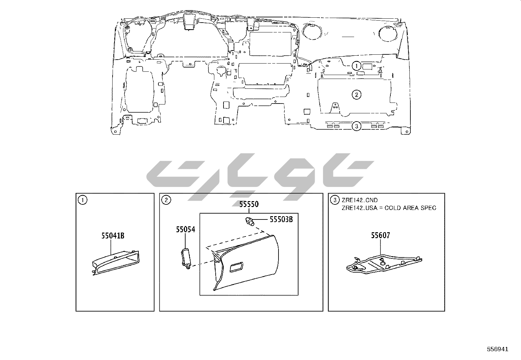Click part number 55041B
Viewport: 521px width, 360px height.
113,236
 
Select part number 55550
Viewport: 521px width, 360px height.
249,204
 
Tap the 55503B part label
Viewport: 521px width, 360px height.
281,219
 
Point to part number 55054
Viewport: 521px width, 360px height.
185,229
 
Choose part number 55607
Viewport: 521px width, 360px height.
380,236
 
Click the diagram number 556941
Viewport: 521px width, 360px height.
498,349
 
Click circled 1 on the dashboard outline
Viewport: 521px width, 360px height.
356,66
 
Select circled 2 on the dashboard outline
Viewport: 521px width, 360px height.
356,95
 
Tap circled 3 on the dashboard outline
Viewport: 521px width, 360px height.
356,126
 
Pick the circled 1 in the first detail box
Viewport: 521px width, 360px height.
82,200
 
